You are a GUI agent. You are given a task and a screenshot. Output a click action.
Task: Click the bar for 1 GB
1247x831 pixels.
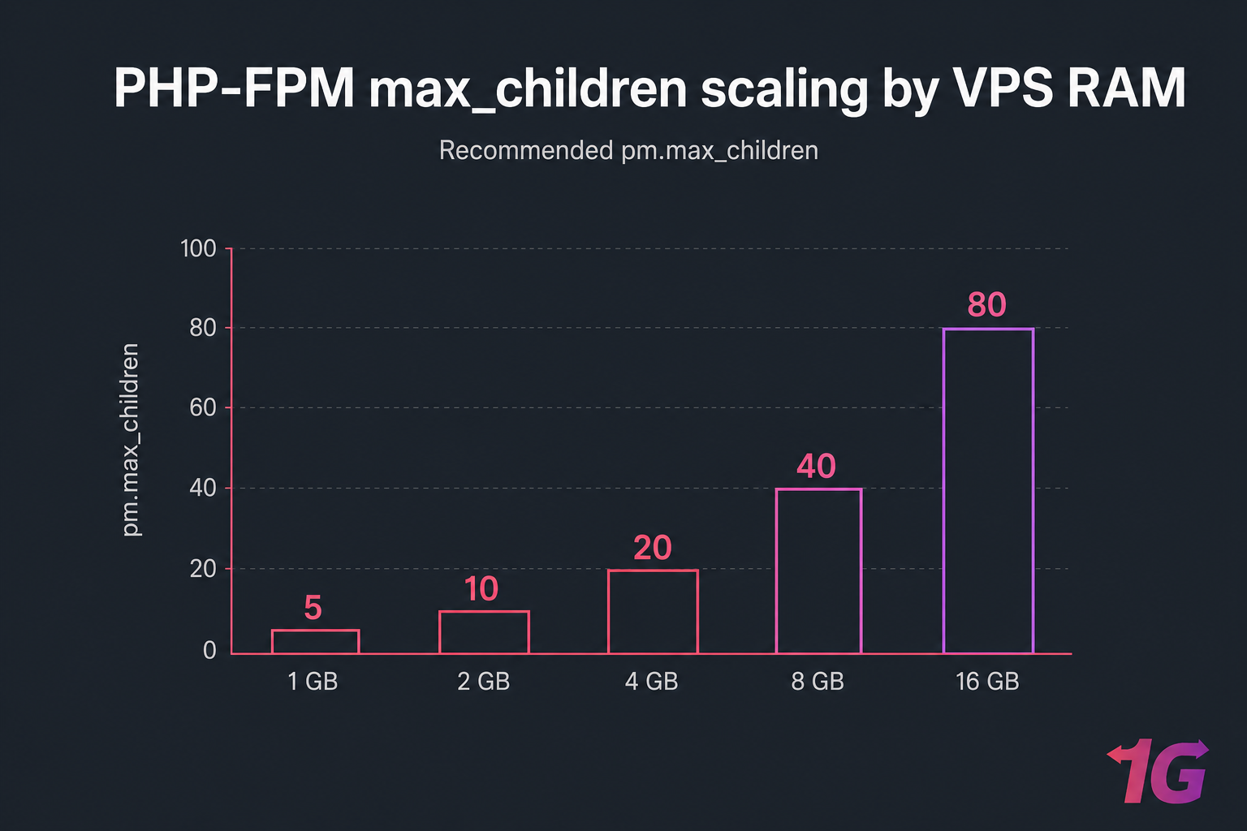[x=315, y=641]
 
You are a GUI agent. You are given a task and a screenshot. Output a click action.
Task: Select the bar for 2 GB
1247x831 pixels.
[x=484, y=632]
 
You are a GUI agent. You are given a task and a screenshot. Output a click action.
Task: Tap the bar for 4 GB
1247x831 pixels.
[x=653, y=612]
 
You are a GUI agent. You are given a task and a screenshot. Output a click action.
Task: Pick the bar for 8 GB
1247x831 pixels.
[x=818, y=571]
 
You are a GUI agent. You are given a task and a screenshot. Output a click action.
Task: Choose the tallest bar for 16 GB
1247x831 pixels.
[x=988, y=490]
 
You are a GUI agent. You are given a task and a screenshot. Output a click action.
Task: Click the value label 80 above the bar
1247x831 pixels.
[x=986, y=305]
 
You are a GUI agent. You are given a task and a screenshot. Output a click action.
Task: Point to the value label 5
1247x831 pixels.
[x=313, y=608]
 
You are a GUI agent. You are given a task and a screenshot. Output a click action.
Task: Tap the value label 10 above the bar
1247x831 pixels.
[x=481, y=589]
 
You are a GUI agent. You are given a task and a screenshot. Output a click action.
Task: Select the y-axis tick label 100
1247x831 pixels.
[x=198, y=248]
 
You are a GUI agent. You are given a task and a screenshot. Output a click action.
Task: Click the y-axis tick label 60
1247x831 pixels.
[x=203, y=407]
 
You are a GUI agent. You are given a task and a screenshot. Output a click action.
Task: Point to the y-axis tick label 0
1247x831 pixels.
[x=209, y=650]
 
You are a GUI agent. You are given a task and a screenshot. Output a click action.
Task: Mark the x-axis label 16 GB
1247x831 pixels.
[x=987, y=682]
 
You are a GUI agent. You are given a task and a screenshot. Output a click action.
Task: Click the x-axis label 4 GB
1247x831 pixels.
[x=651, y=682]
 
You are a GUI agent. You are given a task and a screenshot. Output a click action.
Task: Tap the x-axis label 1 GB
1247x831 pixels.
[x=313, y=682]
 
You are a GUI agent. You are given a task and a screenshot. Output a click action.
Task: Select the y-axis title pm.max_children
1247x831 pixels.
[x=131, y=439]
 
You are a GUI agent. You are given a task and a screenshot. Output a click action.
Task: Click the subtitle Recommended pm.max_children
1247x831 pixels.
[x=628, y=151]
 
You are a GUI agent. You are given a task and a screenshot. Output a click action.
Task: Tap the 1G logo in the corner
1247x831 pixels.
[x=1159, y=771]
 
